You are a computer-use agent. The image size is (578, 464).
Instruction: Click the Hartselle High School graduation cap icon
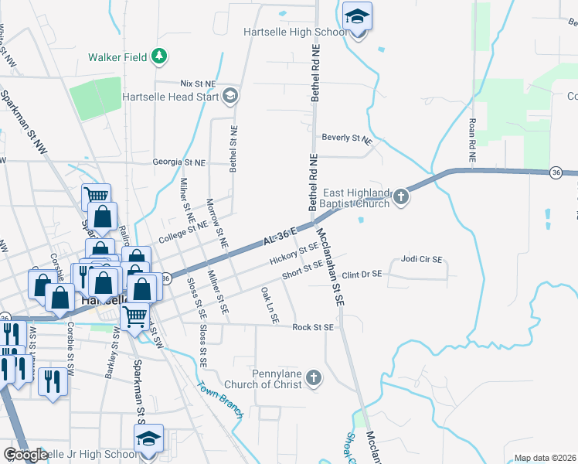[x=357, y=15]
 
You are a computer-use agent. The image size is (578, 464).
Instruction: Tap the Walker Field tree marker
[x=160, y=56]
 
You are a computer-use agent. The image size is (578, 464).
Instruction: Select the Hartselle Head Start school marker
[x=229, y=97]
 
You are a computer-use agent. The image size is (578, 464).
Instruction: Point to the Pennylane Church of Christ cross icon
[x=313, y=377]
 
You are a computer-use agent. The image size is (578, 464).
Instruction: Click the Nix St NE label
[x=198, y=83]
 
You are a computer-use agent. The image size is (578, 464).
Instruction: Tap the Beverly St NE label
[x=347, y=139]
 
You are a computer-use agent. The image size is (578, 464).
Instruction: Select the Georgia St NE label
[x=179, y=163]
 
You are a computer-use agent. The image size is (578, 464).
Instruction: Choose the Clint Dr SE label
[x=363, y=275]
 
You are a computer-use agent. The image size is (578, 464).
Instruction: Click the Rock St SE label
[x=312, y=327]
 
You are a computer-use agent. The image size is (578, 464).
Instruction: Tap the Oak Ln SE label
[x=268, y=305]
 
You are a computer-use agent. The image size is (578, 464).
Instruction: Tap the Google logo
[x=25, y=455]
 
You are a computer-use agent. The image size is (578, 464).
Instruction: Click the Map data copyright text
[x=545, y=458]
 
